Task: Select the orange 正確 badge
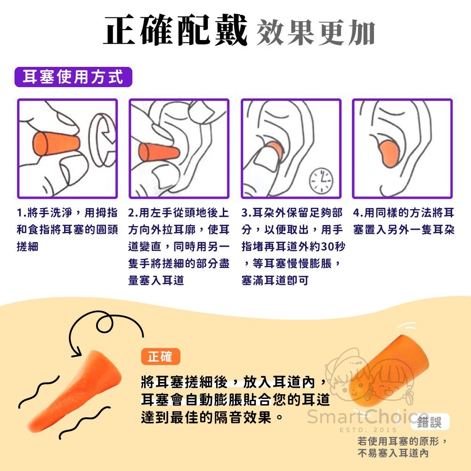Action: (x=160, y=357)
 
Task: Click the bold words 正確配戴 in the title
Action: (x=176, y=31)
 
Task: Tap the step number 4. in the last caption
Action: (x=358, y=213)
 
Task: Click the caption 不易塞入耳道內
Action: (x=393, y=453)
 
